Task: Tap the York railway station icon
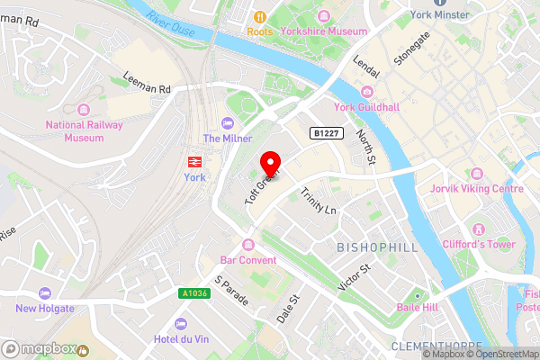[x=193, y=161]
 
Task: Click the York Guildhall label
[x=365, y=107]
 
